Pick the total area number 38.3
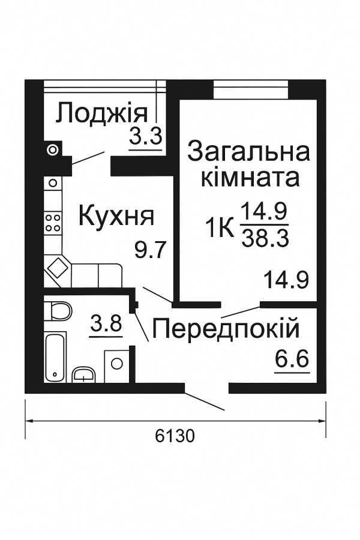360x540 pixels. click(265, 239)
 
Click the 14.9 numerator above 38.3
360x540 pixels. click(265, 212)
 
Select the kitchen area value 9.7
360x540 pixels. click(149, 249)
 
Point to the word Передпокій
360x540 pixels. click(225, 328)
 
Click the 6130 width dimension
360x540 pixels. click(175, 436)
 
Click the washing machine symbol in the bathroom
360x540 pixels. click(117, 363)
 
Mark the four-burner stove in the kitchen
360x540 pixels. click(53, 223)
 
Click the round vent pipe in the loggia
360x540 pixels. click(53, 148)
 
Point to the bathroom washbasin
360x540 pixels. click(83, 375)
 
